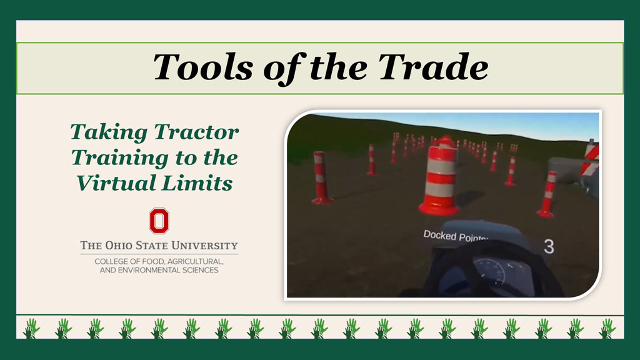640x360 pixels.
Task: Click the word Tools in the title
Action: [x=203, y=67]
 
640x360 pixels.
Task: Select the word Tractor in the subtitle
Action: [x=196, y=132]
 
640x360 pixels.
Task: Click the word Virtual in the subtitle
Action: [x=116, y=183]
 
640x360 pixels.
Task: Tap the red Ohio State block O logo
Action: [x=159, y=221]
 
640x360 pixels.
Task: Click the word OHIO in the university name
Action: [x=119, y=246]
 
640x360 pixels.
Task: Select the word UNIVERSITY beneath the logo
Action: [x=204, y=246]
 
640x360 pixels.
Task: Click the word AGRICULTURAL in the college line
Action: [x=195, y=261]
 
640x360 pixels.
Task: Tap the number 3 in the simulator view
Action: [x=549, y=247]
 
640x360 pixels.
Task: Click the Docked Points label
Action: [x=455, y=236]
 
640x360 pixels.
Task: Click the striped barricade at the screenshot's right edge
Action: [x=591, y=157]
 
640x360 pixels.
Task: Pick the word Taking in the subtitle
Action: [x=109, y=132]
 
